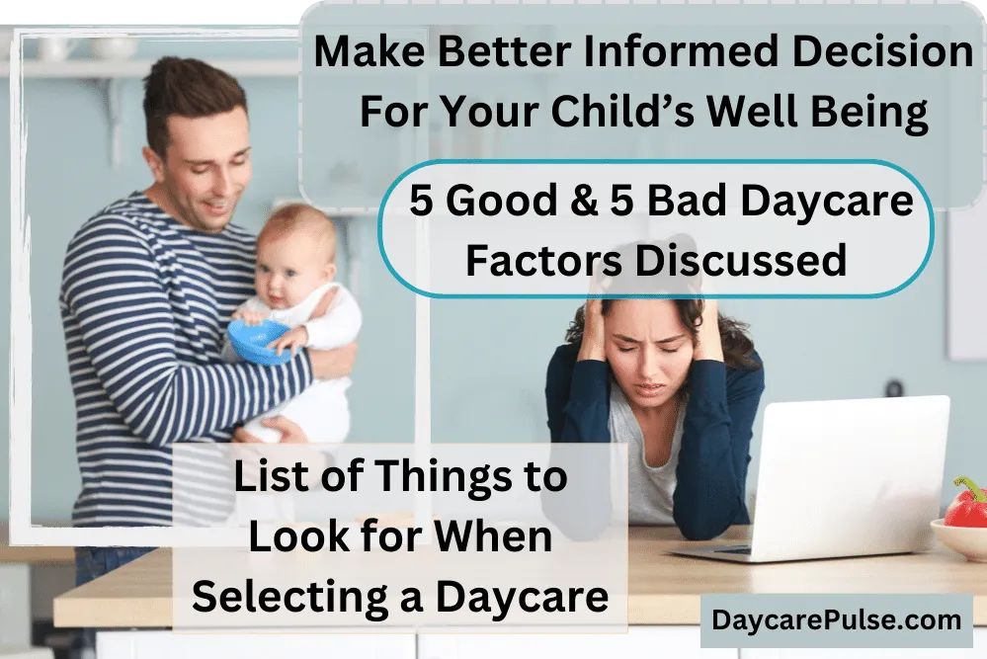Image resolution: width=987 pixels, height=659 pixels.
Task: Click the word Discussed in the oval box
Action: click(x=740, y=260)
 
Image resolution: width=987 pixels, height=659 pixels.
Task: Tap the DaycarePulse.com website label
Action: click(x=837, y=620)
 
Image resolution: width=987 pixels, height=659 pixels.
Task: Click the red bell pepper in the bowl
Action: click(x=966, y=504)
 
